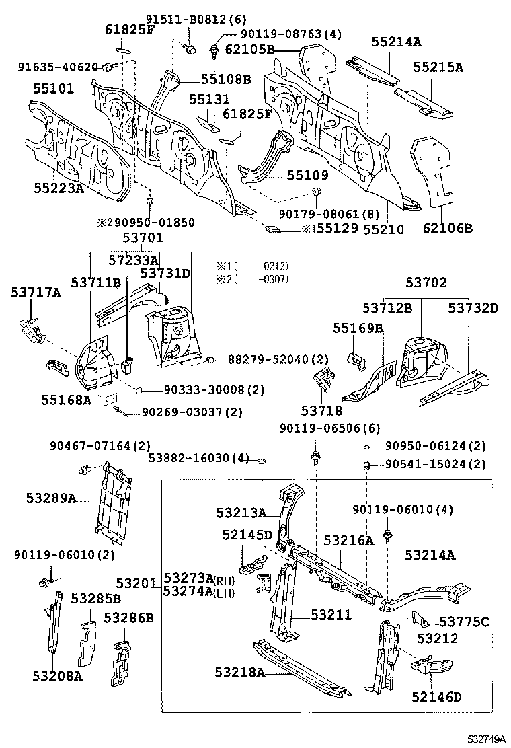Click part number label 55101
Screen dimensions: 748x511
tap(54, 88)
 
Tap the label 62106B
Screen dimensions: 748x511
tap(446, 229)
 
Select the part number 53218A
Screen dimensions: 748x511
tap(240, 672)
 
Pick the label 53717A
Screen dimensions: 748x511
tap(36, 292)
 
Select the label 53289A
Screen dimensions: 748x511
tap(52, 498)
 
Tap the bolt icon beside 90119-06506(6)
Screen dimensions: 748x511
tap(315, 459)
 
